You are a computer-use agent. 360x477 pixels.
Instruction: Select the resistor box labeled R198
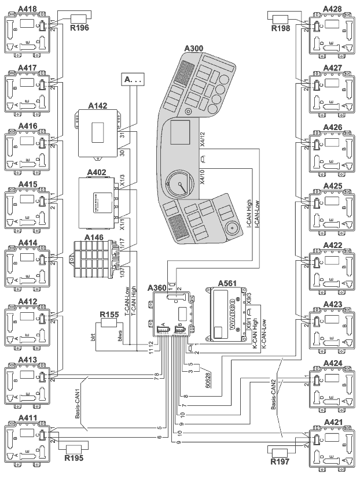(x=281, y=17)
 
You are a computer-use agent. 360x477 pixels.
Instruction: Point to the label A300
(x=196, y=49)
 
